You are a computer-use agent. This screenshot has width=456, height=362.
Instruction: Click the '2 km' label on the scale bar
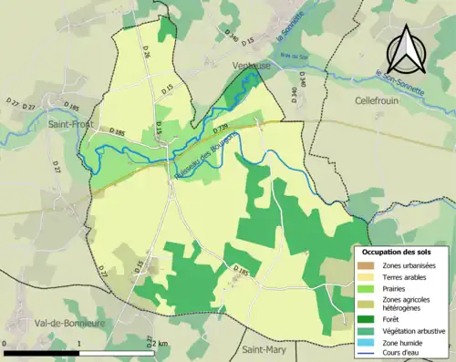(x=159, y=344)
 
